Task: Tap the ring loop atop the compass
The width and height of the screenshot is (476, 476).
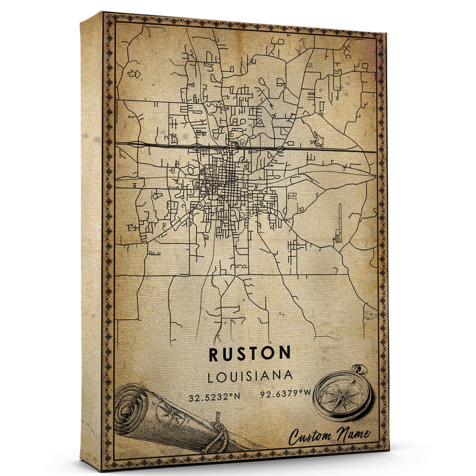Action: [x=360, y=370]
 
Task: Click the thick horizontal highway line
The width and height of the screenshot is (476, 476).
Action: [x=246, y=148]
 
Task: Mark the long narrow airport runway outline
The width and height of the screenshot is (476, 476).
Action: [x=340, y=222]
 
